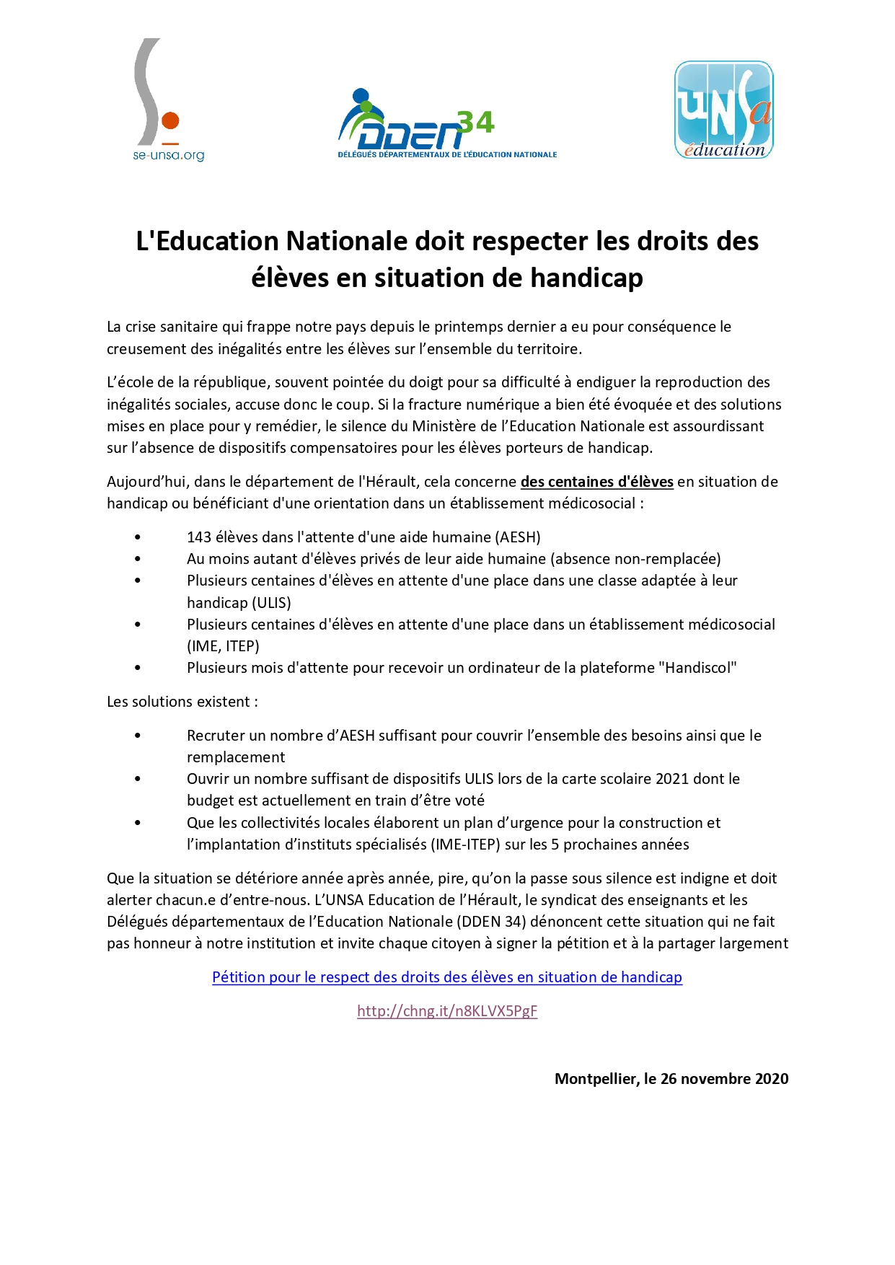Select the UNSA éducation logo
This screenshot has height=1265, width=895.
pos(723,110)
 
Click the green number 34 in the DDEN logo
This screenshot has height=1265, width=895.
pos(477,123)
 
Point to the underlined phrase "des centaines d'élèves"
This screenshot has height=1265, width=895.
pos(596,482)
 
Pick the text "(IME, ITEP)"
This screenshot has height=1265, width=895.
pos(223,646)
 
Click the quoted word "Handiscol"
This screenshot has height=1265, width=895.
pos(697,668)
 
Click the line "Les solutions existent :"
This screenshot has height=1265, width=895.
pos(182,702)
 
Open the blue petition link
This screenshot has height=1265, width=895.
pos(447,977)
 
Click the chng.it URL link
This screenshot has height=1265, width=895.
pos(447,1011)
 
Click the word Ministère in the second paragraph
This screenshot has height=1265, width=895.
pos(444,426)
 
